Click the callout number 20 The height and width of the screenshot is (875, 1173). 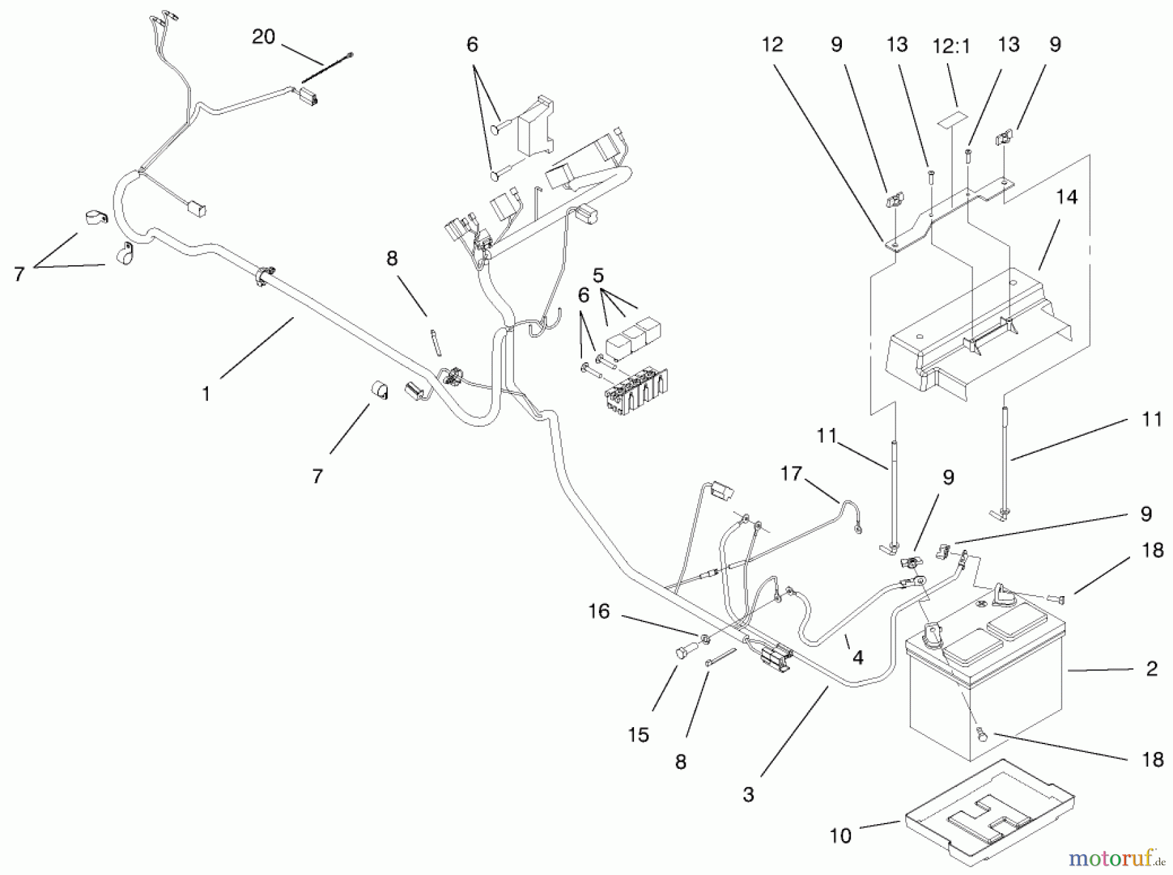click(263, 37)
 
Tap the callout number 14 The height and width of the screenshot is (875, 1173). click(1067, 197)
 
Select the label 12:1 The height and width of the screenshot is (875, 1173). click(951, 46)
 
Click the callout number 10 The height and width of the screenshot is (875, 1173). click(841, 836)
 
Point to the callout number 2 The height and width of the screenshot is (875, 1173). click(1151, 668)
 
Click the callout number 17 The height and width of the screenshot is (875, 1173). click(791, 474)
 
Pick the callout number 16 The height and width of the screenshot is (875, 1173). click(599, 611)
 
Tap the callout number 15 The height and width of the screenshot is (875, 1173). click(639, 735)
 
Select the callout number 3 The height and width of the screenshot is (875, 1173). click(748, 794)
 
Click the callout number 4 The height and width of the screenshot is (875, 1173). click(858, 658)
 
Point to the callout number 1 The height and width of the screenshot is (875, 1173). click(206, 394)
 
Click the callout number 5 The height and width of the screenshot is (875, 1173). click(598, 276)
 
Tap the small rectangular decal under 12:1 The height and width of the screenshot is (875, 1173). click(951, 122)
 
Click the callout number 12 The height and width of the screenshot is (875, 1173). click(772, 45)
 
